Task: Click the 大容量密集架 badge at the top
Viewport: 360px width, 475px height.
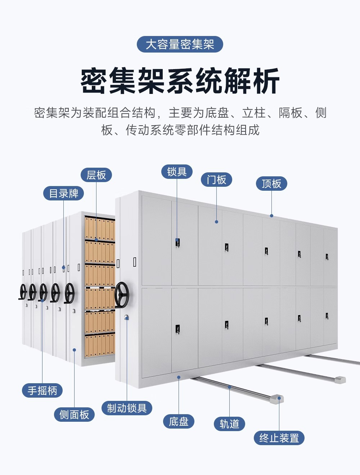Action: point(180,45)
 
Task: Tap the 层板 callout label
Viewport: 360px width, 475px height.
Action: point(96,175)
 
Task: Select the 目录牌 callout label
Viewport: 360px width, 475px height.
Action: point(64,193)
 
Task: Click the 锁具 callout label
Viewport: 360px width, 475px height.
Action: point(177,172)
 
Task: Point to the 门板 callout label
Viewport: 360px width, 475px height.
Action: point(216,180)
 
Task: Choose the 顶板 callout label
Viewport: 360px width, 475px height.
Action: point(271,184)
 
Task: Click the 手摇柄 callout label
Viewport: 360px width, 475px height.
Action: point(42,390)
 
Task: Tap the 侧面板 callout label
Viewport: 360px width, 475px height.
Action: point(74,415)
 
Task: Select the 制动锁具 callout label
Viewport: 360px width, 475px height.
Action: point(127,408)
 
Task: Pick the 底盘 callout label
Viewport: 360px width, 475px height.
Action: point(179,421)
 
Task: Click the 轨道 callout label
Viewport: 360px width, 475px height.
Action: point(229,424)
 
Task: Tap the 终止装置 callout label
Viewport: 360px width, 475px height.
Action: point(279,438)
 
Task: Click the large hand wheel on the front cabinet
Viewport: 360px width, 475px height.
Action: point(122,295)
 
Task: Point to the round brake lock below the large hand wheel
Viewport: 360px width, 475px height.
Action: point(126,317)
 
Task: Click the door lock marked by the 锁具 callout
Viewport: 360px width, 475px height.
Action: point(177,243)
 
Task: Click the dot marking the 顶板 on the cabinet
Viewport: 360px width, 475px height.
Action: point(271,216)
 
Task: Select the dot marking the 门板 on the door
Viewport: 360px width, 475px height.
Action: point(216,222)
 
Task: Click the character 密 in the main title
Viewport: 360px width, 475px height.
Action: point(94,82)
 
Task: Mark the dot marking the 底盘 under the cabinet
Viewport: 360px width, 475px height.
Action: point(179,377)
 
